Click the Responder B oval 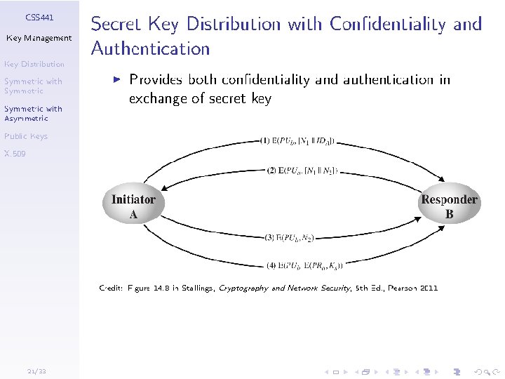(449, 206)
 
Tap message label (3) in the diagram (289, 238)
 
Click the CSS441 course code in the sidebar (39, 16)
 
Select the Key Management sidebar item (39, 38)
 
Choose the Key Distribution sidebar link (34, 65)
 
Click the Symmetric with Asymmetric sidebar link (33, 114)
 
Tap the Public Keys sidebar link (25, 136)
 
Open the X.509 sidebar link (14, 153)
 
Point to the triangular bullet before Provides (117, 80)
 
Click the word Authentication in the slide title (151, 49)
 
